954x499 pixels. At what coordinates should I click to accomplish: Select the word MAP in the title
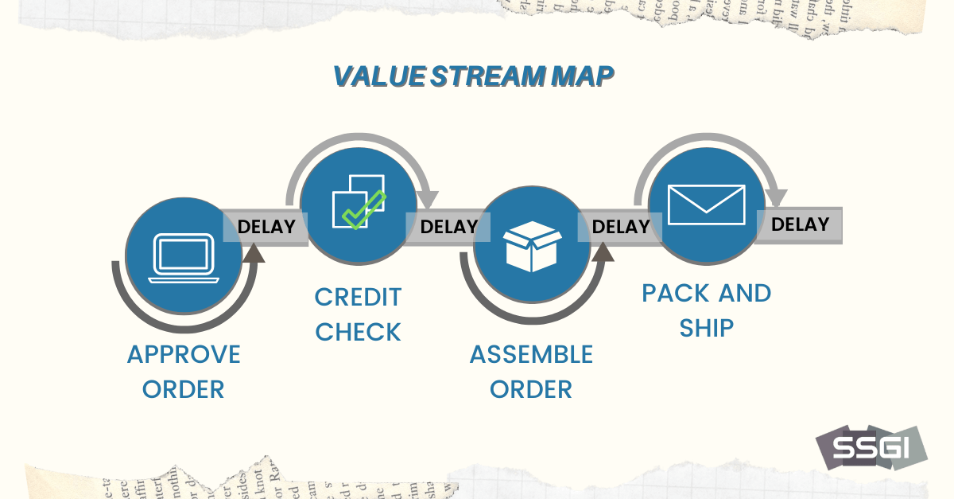tap(582, 76)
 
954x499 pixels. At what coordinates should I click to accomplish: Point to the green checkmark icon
tap(363, 209)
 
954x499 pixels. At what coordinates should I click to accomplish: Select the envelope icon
tap(707, 205)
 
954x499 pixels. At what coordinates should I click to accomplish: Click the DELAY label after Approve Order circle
tap(266, 227)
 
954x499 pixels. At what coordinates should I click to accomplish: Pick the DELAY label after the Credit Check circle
tap(448, 227)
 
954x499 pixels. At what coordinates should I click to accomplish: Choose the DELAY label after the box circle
tap(621, 227)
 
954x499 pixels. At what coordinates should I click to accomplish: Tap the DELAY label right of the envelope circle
tap(800, 224)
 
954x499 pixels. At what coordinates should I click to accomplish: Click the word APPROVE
tap(184, 354)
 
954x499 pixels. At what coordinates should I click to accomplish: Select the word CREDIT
tap(358, 297)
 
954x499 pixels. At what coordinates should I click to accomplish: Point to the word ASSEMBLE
tap(531, 354)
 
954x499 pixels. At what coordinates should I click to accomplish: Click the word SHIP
tap(706, 327)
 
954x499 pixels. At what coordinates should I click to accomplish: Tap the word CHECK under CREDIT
tap(358, 332)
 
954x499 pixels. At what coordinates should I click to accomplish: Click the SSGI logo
tap(871, 448)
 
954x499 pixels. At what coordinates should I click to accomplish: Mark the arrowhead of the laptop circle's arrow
tap(254, 253)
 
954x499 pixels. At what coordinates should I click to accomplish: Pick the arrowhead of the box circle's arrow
tap(602, 251)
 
